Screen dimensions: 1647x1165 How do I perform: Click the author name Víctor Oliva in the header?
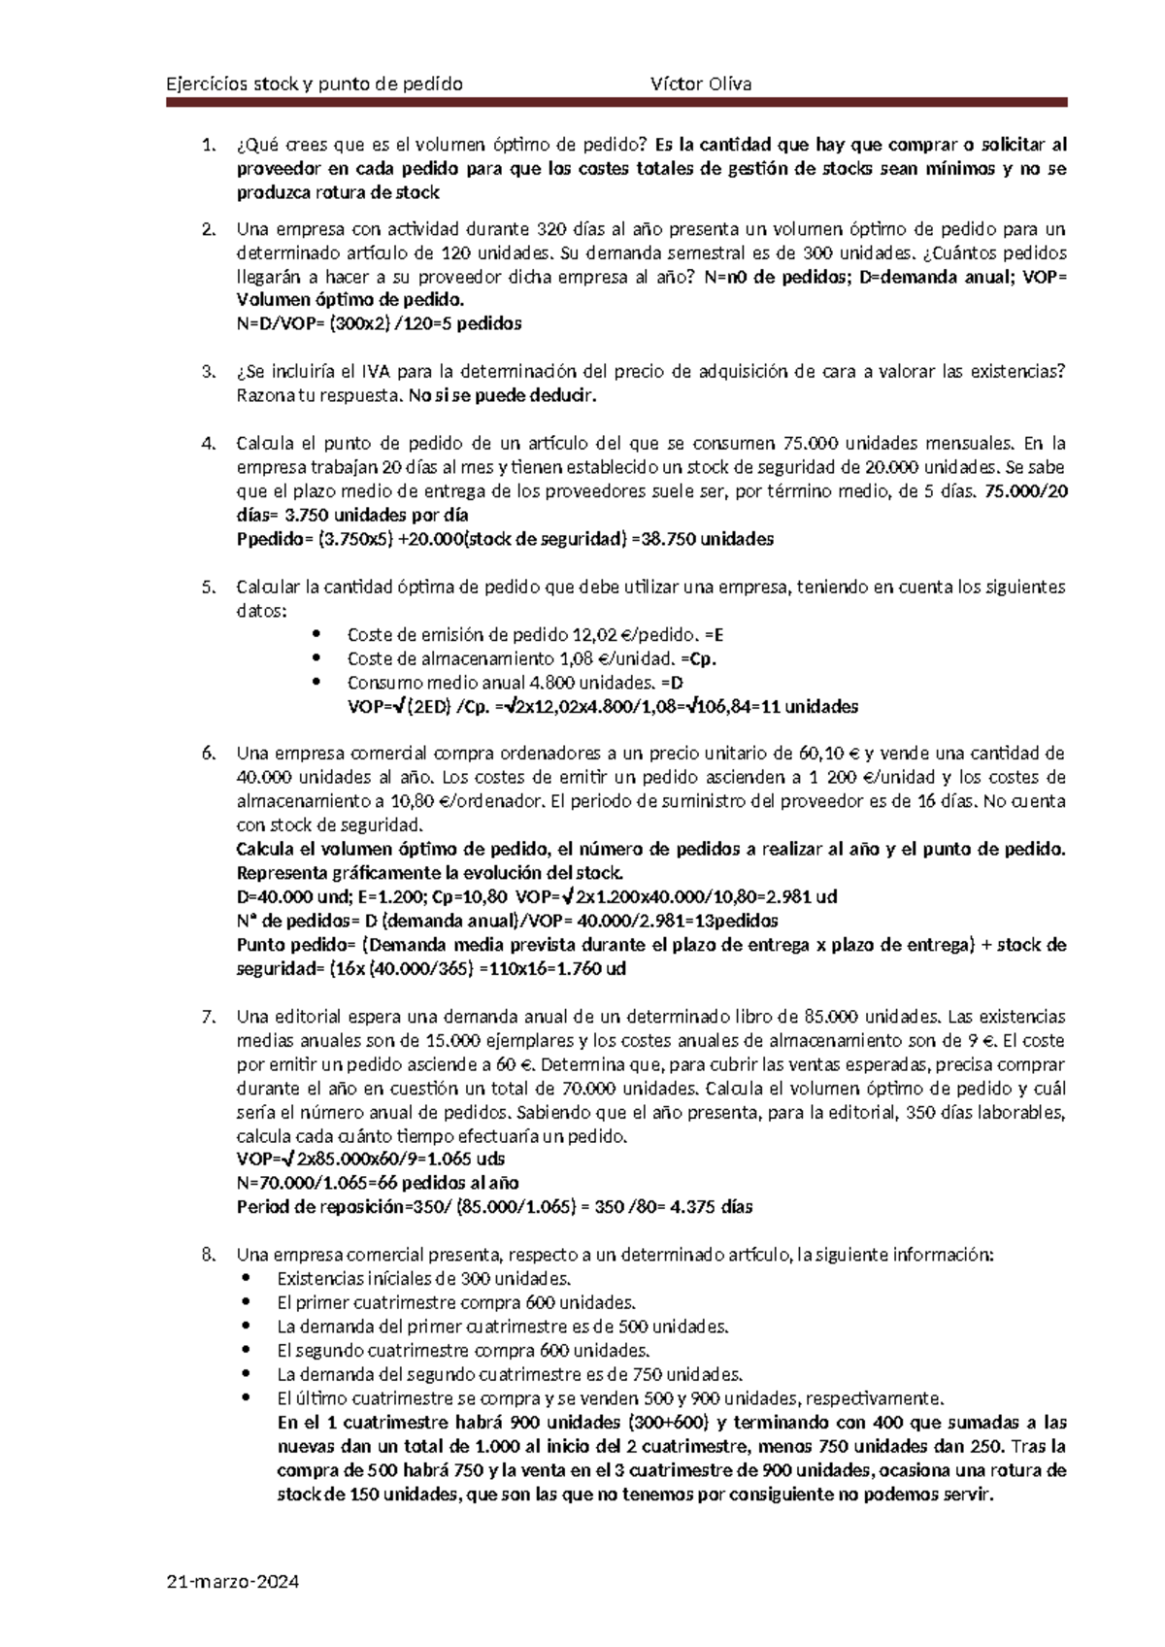(701, 84)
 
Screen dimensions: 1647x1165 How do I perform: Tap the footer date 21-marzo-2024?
(233, 1582)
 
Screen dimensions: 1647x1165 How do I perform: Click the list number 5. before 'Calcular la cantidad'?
(208, 587)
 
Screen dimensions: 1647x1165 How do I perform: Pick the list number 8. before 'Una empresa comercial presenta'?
(208, 1255)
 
